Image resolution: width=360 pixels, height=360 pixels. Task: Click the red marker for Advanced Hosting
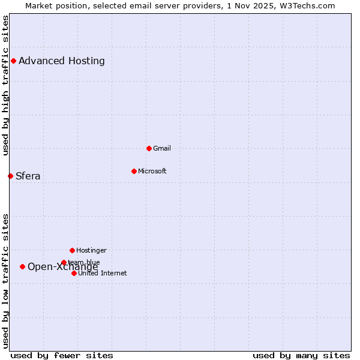pos(13,61)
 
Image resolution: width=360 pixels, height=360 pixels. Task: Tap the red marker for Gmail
pos(149,148)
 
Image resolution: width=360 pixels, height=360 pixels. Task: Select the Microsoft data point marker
pos(134,171)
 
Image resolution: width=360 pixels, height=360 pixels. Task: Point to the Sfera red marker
pos(10,176)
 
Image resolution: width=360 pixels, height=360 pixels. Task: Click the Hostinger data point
pos(72,250)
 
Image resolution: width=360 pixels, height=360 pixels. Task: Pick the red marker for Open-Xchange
pos(22,266)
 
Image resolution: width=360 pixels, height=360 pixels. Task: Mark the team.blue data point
pos(64,262)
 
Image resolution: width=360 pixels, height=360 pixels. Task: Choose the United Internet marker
pos(74,273)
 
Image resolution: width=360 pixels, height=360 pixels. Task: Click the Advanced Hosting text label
pos(62,61)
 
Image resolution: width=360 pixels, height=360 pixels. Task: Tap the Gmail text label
pos(162,148)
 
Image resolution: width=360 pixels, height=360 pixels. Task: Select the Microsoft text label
pos(152,171)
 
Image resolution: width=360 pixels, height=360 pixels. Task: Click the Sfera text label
pos(28,176)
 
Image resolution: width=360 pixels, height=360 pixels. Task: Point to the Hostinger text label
pos(91,250)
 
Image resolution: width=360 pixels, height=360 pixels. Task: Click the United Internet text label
pos(103,273)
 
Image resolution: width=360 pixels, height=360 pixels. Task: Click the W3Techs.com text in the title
pos(307,5)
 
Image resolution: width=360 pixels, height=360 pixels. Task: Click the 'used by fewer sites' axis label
pos(62,355)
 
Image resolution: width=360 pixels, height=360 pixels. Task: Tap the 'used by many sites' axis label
pos(301,355)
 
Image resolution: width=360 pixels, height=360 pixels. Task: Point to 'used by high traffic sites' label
pos(5,85)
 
